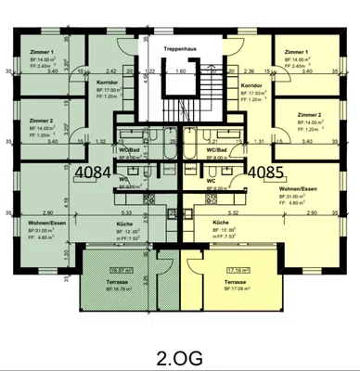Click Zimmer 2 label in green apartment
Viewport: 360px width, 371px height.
[x=41, y=121]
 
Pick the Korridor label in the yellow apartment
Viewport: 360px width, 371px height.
[x=252, y=84]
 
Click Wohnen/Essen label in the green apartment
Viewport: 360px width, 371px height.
[x=45, y=224]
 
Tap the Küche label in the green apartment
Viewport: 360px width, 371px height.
[x=124, y=224]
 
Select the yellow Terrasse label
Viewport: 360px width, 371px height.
[x=237, y=279]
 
